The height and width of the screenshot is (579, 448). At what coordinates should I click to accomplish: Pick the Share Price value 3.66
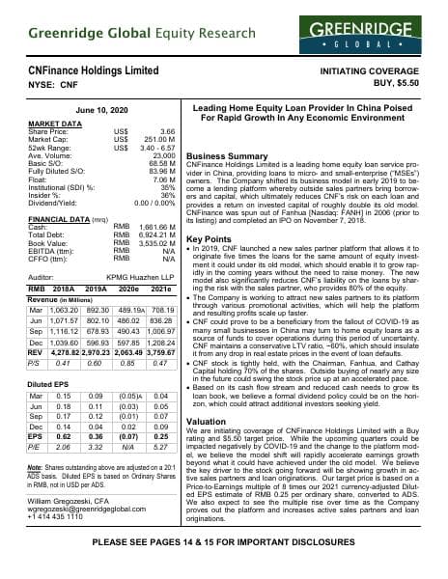coord(167,130)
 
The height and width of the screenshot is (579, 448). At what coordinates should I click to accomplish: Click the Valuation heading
coord(207,422)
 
